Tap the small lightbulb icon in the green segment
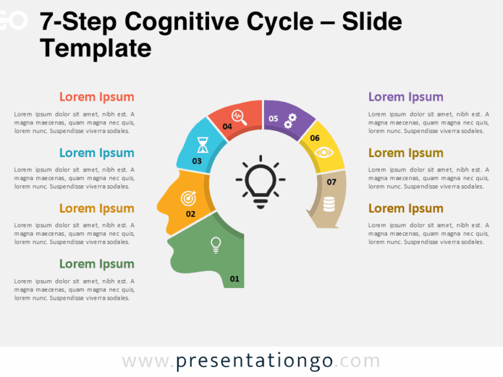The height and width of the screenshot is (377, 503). tap(214, 244)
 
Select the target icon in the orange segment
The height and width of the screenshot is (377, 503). tap(189, 196)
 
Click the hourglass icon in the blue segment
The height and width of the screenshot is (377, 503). tap(204, 143)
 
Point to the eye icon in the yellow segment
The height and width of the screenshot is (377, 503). tap(324, 153)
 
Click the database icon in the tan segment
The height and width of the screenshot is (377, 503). tap(329, 204)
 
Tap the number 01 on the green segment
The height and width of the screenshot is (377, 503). tap(234, 279)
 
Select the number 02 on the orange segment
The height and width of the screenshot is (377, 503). tap(191, 214)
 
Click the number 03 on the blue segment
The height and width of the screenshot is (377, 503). tap(196, 161)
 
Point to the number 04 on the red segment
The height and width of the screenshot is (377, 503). tap(227, 126)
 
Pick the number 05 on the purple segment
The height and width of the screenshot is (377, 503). tap(273, 118)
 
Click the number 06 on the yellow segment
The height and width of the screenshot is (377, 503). tap(314, 138)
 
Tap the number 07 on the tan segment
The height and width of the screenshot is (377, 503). tap(331, 182)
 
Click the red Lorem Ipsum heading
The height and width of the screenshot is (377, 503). tap(96, 97)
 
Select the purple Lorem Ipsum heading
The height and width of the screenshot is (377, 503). tap(405, 97)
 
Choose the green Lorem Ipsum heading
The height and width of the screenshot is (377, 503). tap(96, 264)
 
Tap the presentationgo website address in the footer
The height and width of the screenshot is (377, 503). tap(251, 361)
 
